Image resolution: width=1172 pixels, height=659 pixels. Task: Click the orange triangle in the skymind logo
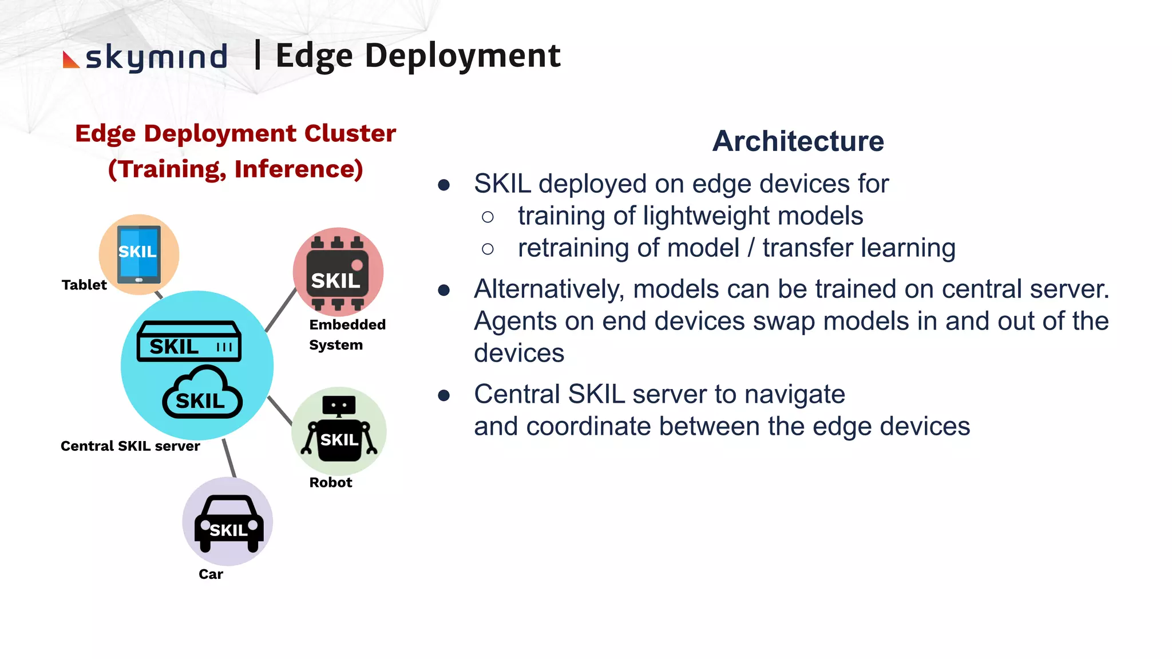coord(69,61)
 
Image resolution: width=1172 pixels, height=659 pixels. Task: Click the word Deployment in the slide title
coord(462,56)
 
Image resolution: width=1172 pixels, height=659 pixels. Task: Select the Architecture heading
coord(798,141)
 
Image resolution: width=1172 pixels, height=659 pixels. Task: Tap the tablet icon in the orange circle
coord(138,255)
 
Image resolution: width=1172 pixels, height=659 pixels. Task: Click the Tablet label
coord(84,285)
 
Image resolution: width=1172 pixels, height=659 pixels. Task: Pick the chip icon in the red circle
coord(337,273)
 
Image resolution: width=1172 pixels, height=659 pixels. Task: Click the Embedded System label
coord(347,335)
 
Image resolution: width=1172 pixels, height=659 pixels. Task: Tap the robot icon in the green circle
coord(339,429)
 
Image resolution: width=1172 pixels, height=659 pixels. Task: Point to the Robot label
coord(330,482)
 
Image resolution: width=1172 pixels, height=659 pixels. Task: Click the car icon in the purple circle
coord(228,523)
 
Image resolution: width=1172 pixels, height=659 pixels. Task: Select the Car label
coord(211,574)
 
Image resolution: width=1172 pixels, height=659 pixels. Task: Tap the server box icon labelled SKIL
coord(188,342)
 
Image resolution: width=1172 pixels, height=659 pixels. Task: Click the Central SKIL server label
coord(130,446)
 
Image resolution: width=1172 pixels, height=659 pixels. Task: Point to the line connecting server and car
coord(229,458)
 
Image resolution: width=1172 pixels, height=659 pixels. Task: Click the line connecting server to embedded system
coord(280,311)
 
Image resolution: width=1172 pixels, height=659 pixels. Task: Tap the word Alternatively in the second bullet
coord(548,289)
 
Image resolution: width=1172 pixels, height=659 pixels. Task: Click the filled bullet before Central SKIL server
coord(444,395)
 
